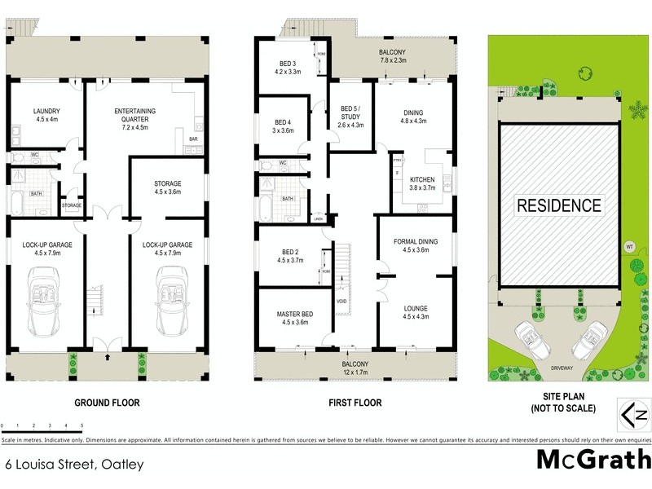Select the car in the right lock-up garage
172,303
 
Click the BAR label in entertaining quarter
193,139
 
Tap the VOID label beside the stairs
341,302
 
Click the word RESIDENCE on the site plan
558,205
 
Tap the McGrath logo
593,459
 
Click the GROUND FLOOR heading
107,403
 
